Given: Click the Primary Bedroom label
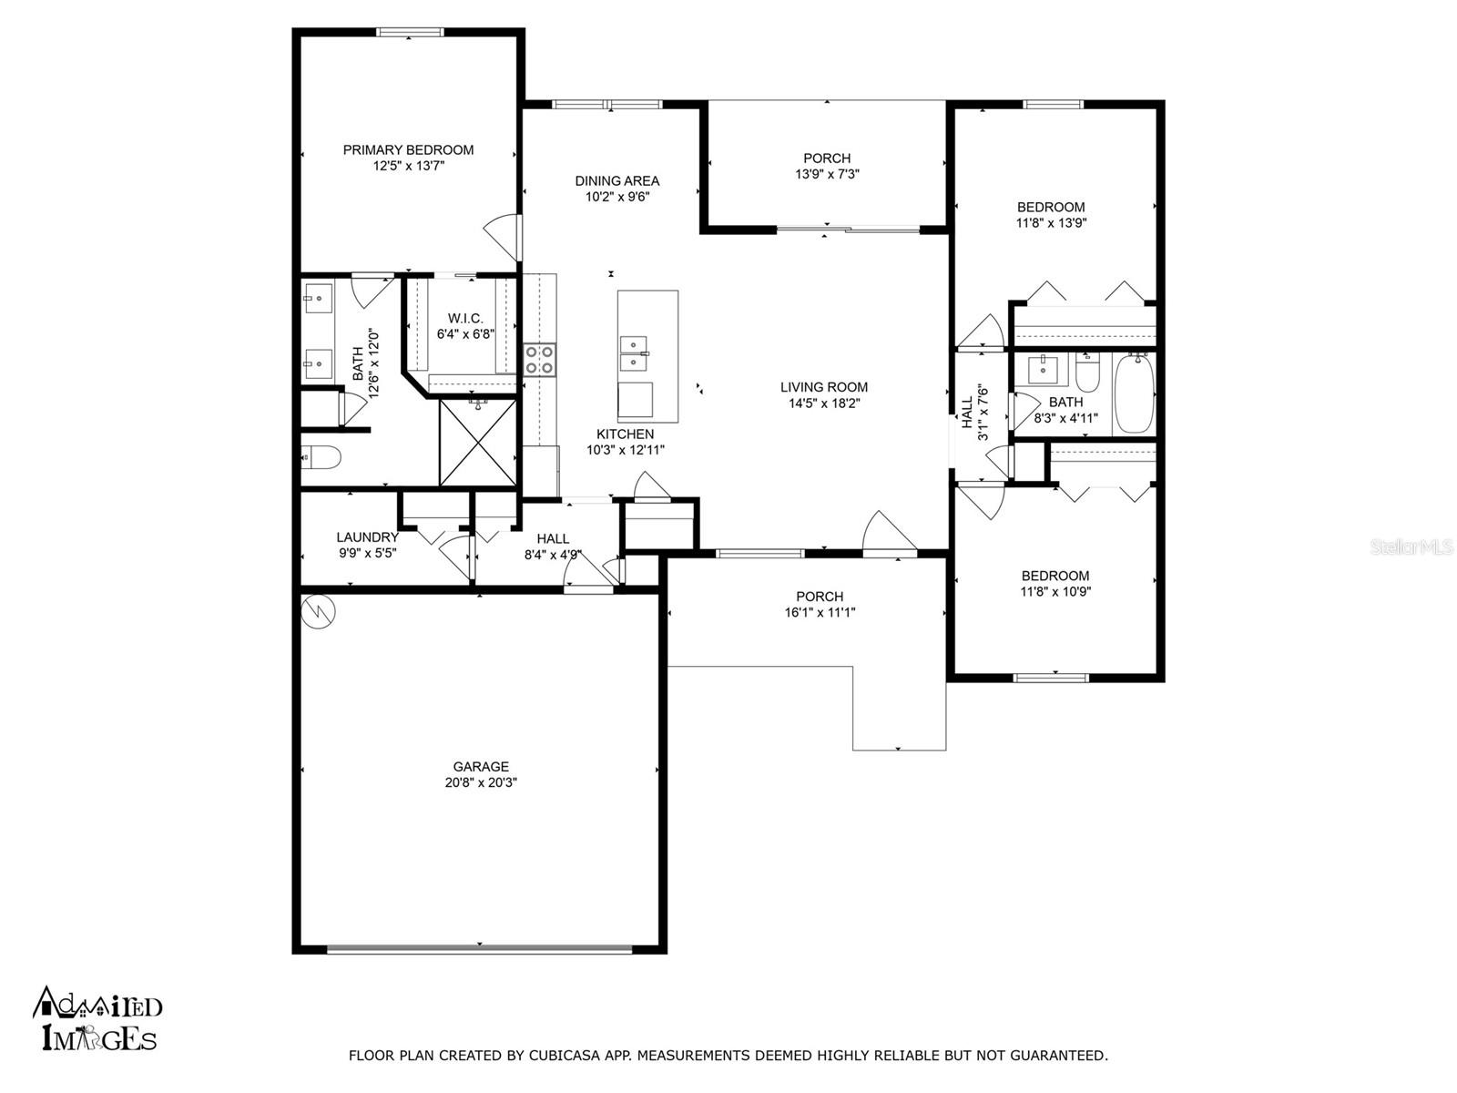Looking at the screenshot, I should click(x=408, y=150).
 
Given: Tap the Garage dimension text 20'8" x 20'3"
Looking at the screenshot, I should click(x=481, y=782).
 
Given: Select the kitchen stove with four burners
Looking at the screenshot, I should click(x=539, y=360).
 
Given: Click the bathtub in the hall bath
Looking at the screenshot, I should click(x=1134, y=394).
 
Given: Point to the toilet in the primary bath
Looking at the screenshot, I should click(x=321, y=456).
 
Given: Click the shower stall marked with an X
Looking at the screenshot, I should click(x=477, y=443).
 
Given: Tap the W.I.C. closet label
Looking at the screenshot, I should click(x=465, y=319).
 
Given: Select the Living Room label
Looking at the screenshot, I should click(x=823, y=387).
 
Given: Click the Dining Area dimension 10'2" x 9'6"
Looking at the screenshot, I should click(x=616, y=196).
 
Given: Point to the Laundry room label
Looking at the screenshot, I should click(x=367, y=537).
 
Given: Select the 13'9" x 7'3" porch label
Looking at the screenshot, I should click(x=827, y=174).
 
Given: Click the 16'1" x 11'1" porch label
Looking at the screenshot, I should click(x=820, y=613).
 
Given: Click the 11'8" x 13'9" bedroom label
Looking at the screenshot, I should click(x=1051, y=222).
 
